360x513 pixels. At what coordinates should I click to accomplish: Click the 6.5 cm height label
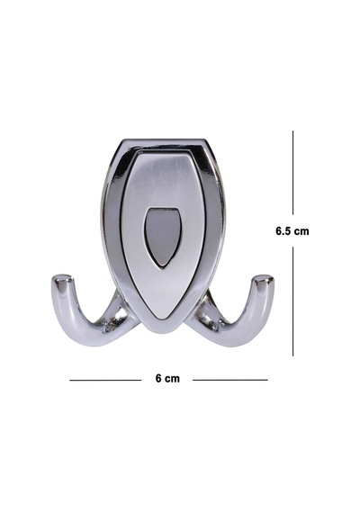point(292,231)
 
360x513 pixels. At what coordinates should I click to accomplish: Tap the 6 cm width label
point(167,379)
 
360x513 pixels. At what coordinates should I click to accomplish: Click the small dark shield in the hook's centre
point(163,238)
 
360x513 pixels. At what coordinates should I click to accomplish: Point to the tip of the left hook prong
point(62,278)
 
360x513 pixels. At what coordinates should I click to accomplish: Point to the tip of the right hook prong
point(264,278)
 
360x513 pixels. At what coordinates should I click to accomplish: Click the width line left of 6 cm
point(105,380)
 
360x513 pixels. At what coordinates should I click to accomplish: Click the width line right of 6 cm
point(230,380)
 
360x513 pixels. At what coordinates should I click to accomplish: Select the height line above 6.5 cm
point(292,173)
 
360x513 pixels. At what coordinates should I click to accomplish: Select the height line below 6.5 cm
point(292,301)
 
